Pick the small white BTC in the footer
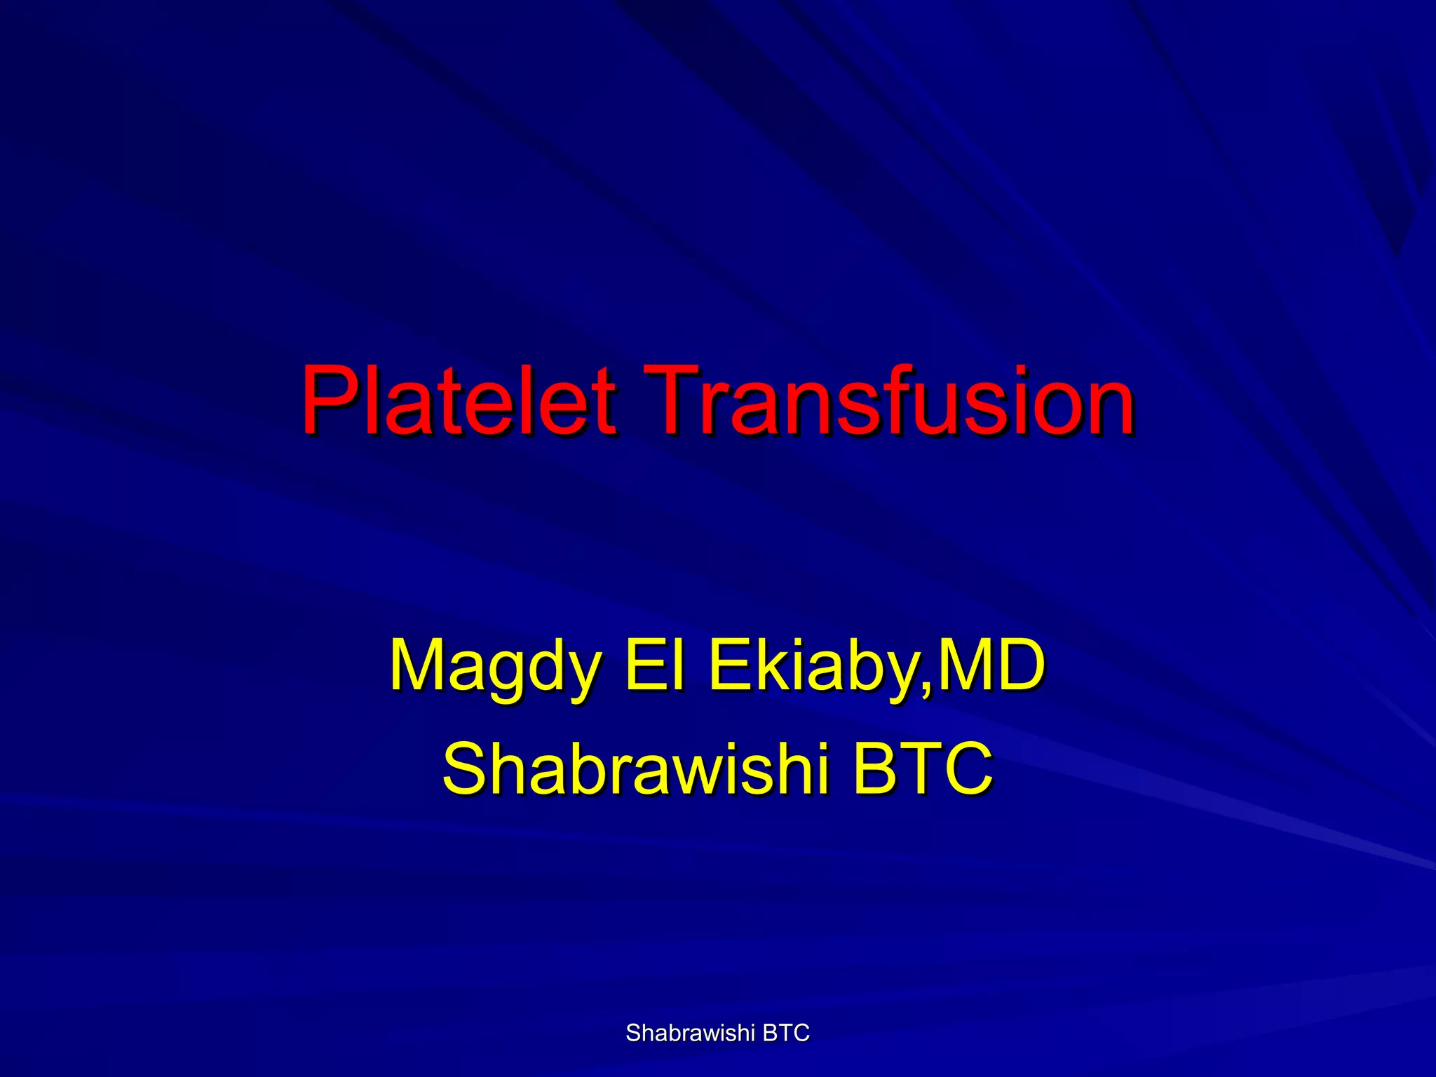click(786, 1033)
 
